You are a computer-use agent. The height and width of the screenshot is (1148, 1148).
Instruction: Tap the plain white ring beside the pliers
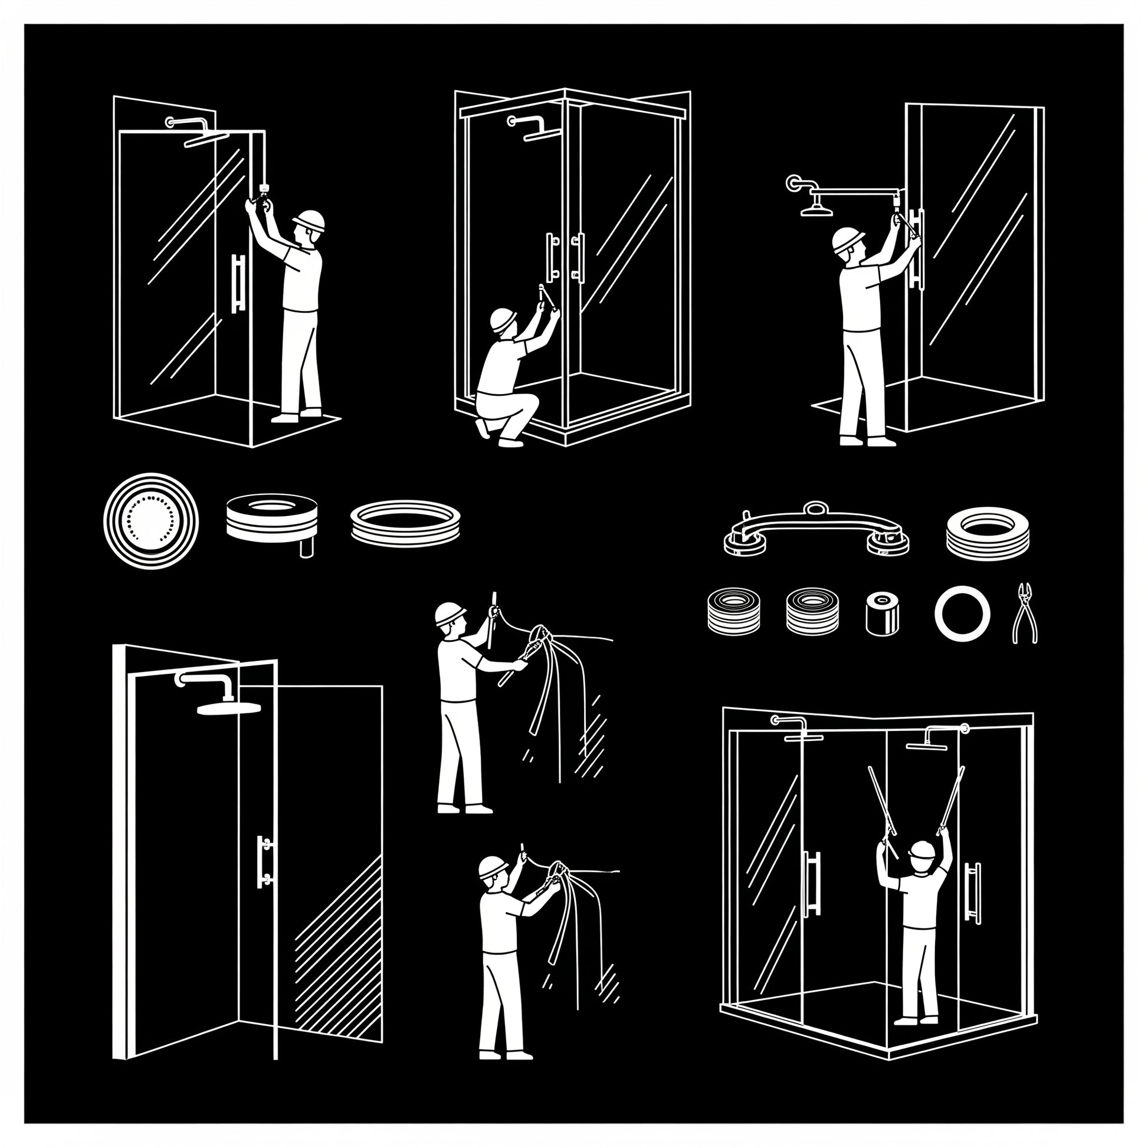pyautogui.click(x=962, y=613)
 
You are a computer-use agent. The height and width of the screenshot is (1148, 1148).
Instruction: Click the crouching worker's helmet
pyautogui.click(x=503, y=320)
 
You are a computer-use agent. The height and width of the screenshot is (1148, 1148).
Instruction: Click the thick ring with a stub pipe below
pyautogui.click(x=272, y=519)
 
